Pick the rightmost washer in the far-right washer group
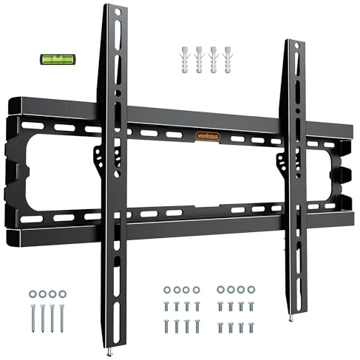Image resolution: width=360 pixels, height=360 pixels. click(x=251, y=289)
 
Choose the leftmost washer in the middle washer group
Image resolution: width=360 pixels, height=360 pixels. click(x=168, y=289)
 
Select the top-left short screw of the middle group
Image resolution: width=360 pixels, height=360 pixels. click(x=168, y=305)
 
